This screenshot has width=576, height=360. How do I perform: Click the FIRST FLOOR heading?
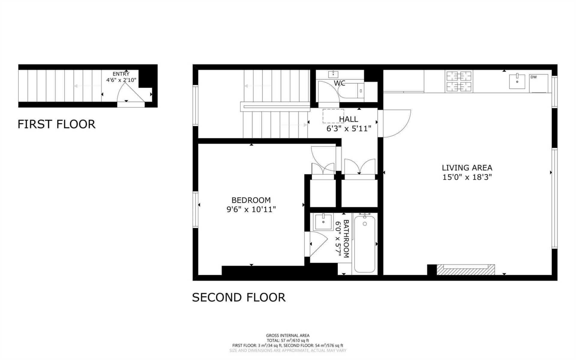coord(56,124)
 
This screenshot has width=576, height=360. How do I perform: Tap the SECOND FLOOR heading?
coord(238,297)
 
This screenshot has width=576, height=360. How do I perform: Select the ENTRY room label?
coord(121,74)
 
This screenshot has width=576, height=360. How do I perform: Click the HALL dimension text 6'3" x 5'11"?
coord(349,129)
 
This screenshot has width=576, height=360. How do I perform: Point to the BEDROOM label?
coord(251,200)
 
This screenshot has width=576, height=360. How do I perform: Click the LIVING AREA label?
coord(467,168)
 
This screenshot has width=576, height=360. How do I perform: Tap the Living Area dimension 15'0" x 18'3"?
coord(467,177)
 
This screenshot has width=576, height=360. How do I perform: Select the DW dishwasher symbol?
coord(538,83)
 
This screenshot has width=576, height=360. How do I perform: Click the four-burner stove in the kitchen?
coord(459,81)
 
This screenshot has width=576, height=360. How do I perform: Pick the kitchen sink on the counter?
coord(517,81)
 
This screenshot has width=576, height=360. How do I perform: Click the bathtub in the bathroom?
coord(364,244)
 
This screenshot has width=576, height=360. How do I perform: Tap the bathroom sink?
coord(323,222)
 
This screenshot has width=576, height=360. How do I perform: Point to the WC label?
coord(339,83)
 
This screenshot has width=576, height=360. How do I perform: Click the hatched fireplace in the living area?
coord(465,270)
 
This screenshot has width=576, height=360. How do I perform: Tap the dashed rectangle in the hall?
coord(333,116)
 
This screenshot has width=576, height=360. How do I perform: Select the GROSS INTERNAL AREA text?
coord(287,335)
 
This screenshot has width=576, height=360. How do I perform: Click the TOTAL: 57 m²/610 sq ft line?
coord(287,340)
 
